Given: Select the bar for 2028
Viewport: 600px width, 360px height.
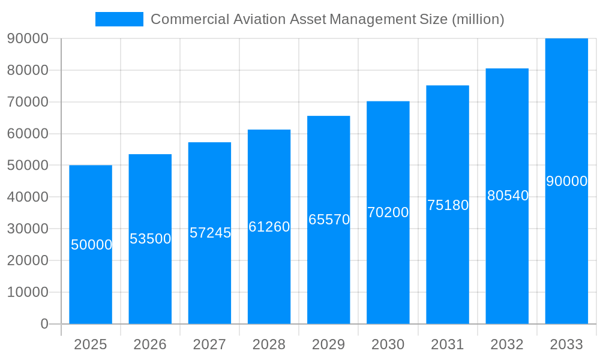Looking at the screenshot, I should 269,276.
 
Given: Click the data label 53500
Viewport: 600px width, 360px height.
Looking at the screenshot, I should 151,239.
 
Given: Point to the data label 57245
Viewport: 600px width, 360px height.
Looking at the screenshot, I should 210,233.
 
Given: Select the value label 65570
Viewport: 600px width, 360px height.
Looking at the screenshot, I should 329,220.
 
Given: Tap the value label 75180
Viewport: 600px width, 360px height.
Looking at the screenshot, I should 448,205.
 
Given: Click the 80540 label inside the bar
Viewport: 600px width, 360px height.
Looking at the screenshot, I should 508,196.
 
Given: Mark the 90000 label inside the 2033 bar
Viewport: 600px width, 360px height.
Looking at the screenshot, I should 566,181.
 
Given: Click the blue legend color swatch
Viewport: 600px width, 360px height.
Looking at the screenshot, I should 119,19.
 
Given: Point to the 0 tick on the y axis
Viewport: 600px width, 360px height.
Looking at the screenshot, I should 44,324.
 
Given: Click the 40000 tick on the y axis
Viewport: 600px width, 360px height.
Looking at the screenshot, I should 28,197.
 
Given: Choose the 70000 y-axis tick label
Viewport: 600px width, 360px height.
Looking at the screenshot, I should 28,102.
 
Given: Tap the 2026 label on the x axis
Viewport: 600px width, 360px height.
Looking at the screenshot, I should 150,344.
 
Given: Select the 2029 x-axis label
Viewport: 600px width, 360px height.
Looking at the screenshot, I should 329,344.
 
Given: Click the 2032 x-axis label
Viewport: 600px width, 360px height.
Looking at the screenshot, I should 507,344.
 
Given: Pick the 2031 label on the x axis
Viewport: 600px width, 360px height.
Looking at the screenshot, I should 448,344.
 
